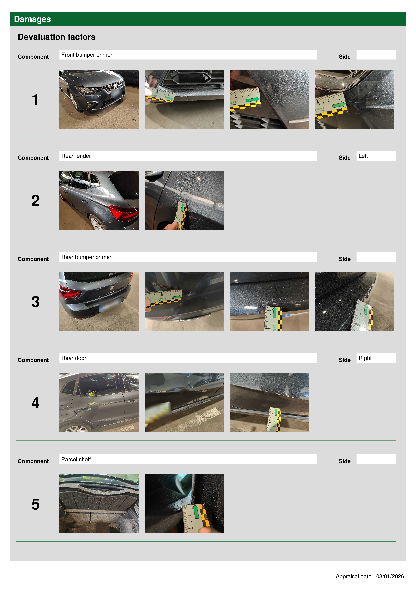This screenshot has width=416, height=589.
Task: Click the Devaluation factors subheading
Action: click(57, 37)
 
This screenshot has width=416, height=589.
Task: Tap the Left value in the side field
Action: click(363, 156)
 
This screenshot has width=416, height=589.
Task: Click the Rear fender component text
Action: click(76, 156)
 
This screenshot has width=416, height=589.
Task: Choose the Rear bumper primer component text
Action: click(86, 257)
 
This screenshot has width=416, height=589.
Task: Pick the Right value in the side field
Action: click(365, 358)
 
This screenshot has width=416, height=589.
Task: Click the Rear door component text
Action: click(74, 358)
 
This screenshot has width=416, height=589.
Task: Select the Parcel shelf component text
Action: click(76, 459)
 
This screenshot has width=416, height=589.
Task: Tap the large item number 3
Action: click(35, 302)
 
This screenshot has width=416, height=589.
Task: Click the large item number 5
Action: click(35, 504)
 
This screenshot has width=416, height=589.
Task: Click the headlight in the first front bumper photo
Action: click(88, 90)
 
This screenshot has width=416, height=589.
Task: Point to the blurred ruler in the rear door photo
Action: click(158, 413)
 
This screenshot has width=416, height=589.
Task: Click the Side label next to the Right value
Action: click(345, 360)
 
